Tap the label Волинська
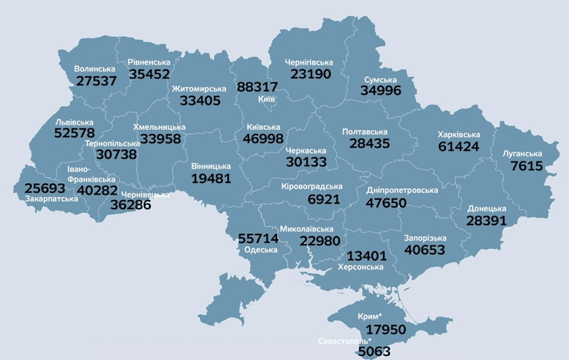(95, 69)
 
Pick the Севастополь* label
(344, 341)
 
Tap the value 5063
(374, 352)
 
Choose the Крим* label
(370, 317)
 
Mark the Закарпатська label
(51, 198)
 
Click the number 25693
(45, 188)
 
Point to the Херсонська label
(361, 267)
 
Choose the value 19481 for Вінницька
(211, 178)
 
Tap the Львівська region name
(75, 122)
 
